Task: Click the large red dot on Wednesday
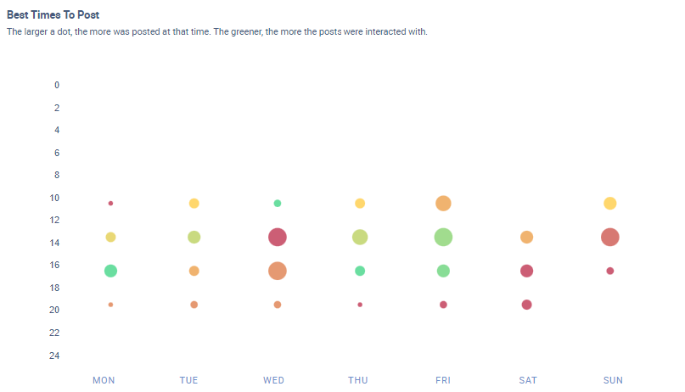277,237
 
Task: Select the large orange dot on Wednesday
277,271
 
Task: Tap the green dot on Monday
110,271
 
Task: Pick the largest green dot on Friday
443,237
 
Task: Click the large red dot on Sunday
609,237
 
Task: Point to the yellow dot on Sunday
609,203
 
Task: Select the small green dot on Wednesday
277,203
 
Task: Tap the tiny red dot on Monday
110,203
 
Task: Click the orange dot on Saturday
526,237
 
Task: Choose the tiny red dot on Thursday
360,305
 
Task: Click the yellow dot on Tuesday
194,203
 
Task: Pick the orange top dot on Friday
443,203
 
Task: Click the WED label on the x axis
273,380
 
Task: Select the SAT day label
528,380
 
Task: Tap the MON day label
104,380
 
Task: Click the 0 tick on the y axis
57,85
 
